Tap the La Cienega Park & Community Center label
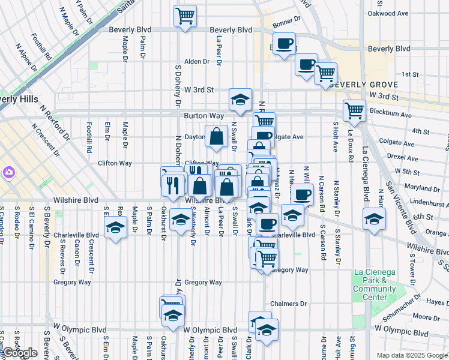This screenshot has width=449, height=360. [x=375, y=284]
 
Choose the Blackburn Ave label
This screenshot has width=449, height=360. [x=390, y=114]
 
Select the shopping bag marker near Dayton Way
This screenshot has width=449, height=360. [x=215, y=137]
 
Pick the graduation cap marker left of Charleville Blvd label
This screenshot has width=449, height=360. [x=114, y=228]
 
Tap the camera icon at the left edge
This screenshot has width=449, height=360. [x=8, y=173]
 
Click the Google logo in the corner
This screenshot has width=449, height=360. [x=20, y=353]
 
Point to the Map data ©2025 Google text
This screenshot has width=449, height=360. [x=412, y=355]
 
